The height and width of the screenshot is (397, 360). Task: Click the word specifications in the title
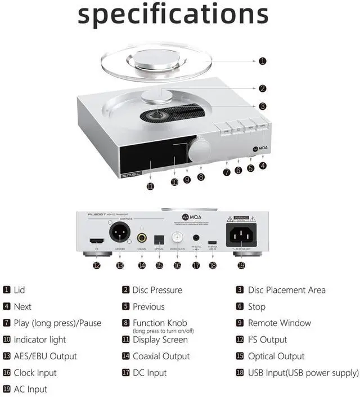tap(173, 15)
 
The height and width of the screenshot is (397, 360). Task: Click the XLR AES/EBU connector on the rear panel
tap(120, 233)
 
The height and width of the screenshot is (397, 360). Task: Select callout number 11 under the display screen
tap(150, 186)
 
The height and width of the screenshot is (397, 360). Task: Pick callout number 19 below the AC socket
tap(241, 265)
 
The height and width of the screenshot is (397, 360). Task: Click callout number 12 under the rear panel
tap(97, 265)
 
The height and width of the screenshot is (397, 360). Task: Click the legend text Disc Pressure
tap(157, 290)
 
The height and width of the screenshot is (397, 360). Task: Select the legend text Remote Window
tap(280, 323)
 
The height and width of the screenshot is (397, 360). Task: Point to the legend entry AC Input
tap(30, 389)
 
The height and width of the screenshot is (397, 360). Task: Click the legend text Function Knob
tap(160, 323)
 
